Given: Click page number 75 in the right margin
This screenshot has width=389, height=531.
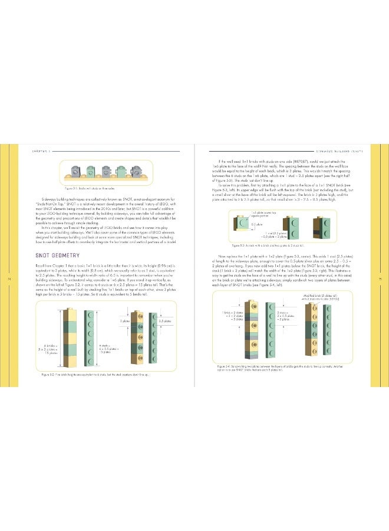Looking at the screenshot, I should (x=380, y=280).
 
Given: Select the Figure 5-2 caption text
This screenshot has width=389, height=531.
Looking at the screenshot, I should (x=95, y=374).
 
